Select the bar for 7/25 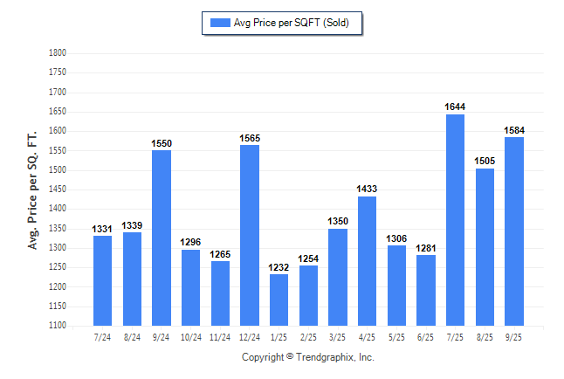[455, 220]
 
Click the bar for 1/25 [279, 300]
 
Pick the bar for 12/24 [250, 235]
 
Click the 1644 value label [455, 107]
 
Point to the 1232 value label [279, 267]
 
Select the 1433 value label [367, 189]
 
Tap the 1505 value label [485, 161]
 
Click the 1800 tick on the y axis [57, 53]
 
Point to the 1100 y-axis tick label [57, 326]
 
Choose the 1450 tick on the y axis [57, 189]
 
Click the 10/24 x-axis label [190, 336]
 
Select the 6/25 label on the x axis [425, 336]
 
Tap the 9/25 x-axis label [514, 336]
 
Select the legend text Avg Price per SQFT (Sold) [292, 23]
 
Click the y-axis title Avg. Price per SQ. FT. [33, 189]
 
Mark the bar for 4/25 [367, 261]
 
